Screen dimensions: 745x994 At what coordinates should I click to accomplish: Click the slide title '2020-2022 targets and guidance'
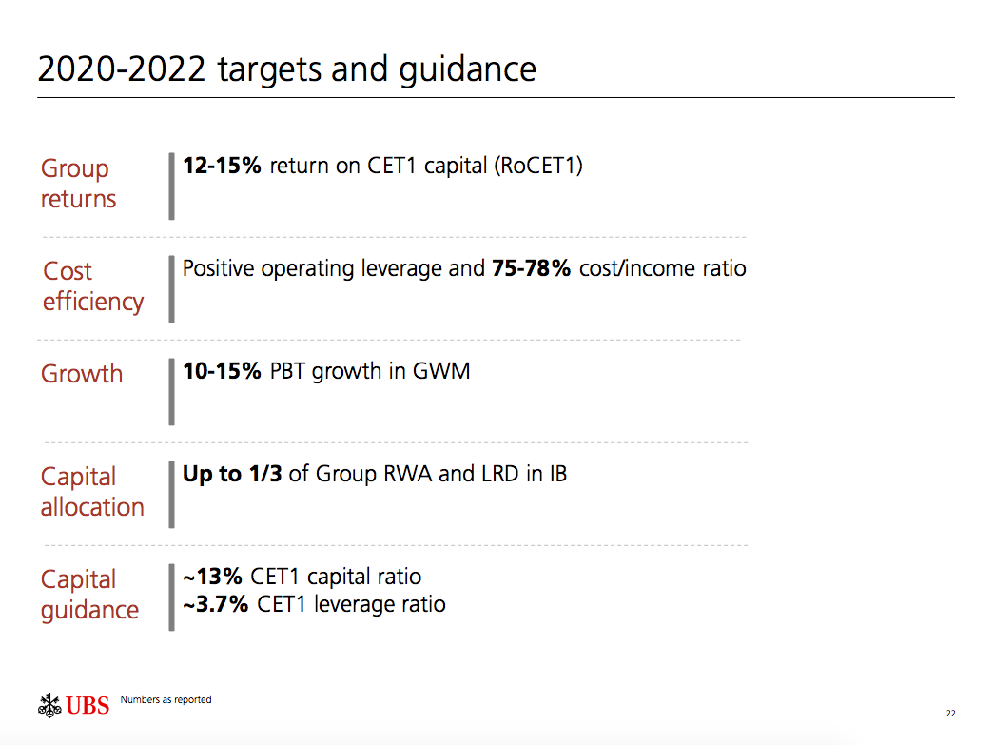[x=286, y=69]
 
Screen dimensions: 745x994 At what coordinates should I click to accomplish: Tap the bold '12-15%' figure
[x=222, y=166]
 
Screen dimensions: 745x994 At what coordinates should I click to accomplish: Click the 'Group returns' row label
[x=78, y=184]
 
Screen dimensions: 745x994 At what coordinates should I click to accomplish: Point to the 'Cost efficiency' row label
[x=92, y=286]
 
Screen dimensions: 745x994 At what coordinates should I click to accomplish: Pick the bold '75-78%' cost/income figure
[x=531, y=268]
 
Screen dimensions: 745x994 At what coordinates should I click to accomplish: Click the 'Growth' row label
[x=82, y=373]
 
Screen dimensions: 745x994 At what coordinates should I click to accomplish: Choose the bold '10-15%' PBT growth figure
[x=222, y=371]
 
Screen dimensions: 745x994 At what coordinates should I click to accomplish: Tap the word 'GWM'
[x=441, y=371]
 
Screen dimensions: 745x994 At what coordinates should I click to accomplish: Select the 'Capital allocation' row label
[x=91, y=492]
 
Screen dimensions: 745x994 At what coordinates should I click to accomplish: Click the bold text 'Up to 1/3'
[x=232, y=474]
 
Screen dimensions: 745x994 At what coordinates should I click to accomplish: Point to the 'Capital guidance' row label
[x=88, y=595]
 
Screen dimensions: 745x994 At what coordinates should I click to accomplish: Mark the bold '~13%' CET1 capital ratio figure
[x=213, y=577]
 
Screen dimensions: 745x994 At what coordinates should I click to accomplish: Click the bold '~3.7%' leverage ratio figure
[x=216, y=603]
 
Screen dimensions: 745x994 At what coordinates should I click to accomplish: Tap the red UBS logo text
[x=88, y=706]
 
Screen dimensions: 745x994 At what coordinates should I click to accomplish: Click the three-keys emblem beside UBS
[x=49, y=705]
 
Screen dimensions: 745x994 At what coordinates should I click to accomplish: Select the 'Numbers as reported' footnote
[x=166, y=700]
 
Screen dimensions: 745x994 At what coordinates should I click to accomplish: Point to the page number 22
[x=950, y=714]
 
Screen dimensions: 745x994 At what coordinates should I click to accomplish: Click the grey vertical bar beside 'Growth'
[x=171, y=391]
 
